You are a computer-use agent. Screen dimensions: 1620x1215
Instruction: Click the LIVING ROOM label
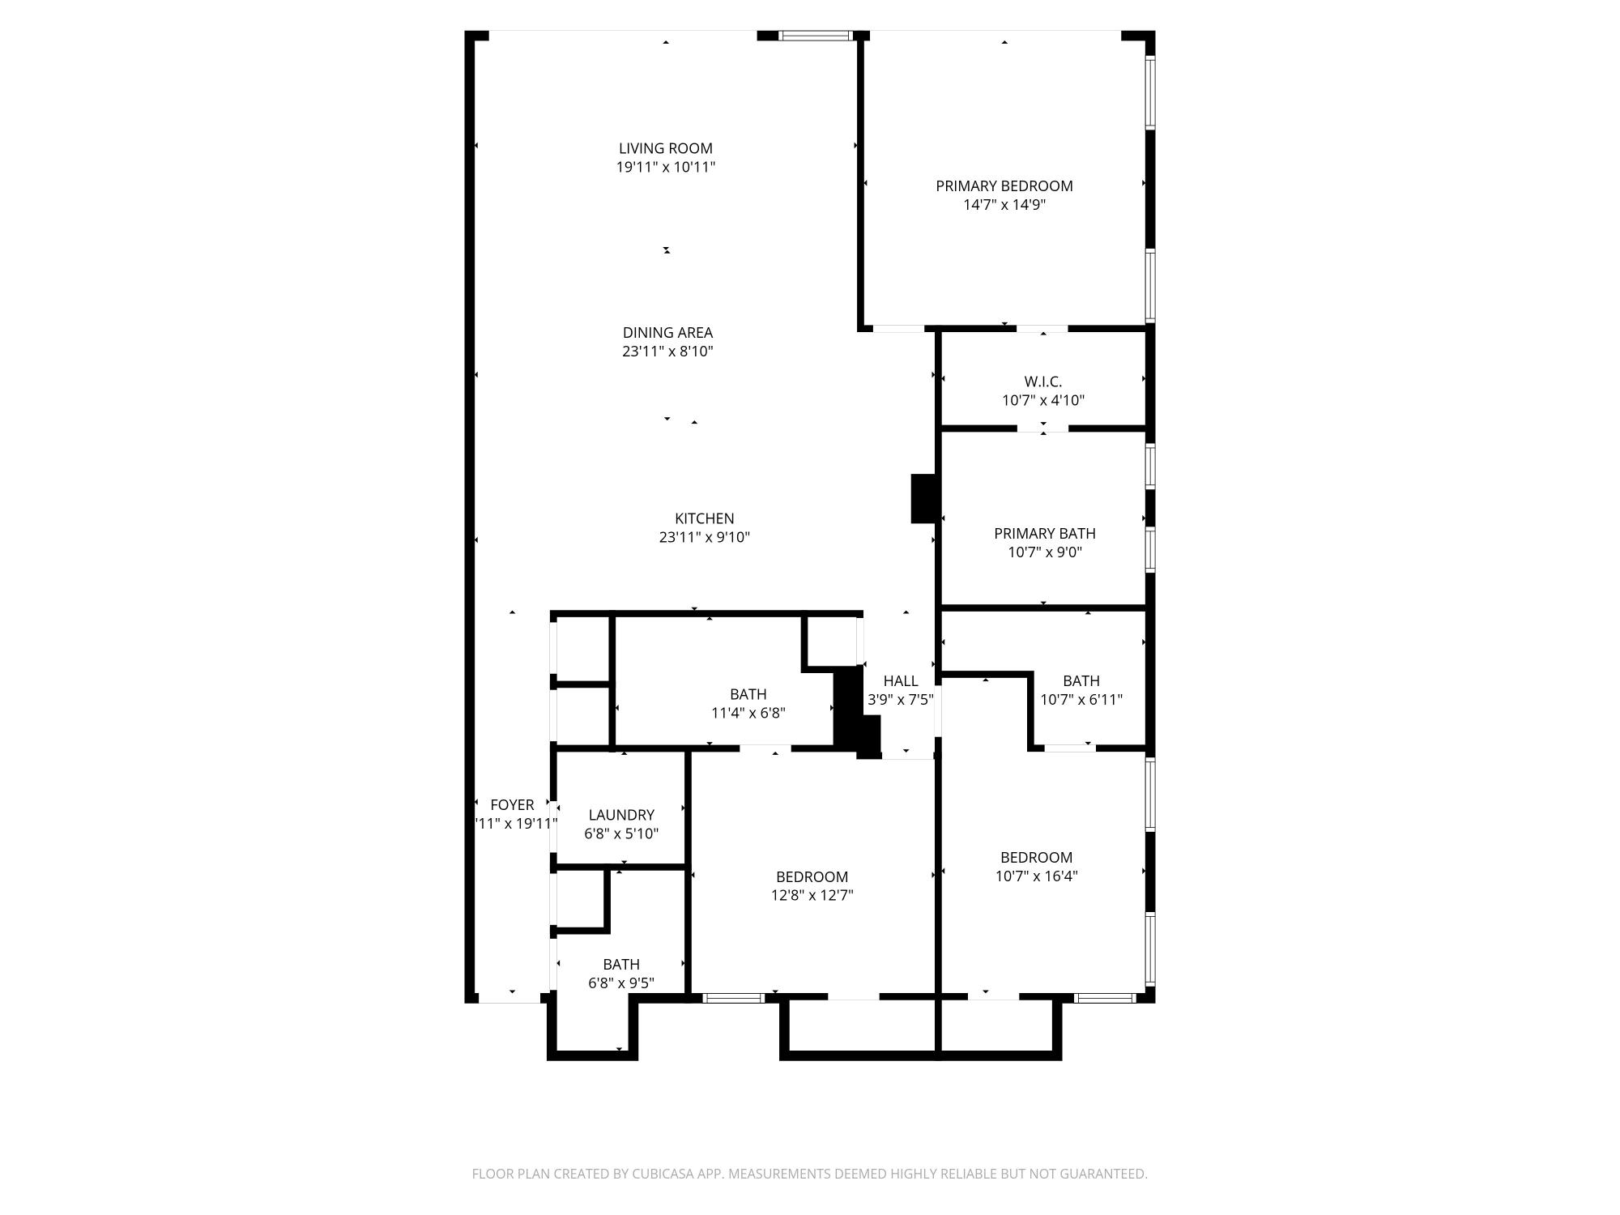[x=666, y=148]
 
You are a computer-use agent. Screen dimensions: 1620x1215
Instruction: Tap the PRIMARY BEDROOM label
[x=1004, y=185]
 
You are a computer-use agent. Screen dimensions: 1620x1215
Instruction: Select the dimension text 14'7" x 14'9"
[x=1004, y=205]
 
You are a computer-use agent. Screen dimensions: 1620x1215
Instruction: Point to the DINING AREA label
[x=667, y=332]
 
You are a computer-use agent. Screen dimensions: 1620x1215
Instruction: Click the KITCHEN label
[x=705, y=518]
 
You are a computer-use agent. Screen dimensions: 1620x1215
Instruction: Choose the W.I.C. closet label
[x=1043, y=381]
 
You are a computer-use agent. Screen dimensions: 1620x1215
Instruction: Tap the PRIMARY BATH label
[x=1045, y=533]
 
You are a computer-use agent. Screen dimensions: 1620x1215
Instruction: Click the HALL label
[x=901, y=680]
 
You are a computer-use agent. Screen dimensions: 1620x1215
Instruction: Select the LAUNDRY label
[x=621, y=815]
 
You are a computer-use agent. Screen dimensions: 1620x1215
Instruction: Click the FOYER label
[x=512, y=804]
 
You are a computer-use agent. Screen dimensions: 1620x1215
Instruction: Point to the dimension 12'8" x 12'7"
[x=812, y=895]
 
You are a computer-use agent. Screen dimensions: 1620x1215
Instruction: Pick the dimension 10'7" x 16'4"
[x=1036, y=876]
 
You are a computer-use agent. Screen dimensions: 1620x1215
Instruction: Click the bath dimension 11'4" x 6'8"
[x=748, y=713]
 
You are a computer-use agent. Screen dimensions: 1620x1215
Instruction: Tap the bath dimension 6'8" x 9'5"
[x=621, y=983]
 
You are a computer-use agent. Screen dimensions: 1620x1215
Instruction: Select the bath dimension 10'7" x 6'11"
[x=1081, y=700]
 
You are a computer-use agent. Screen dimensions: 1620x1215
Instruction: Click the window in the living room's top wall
[x=816, y=36]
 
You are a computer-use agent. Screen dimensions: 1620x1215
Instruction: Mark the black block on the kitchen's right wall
[x=924, y=498]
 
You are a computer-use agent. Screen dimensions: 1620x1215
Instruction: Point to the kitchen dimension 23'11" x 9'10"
[x=705, y=537]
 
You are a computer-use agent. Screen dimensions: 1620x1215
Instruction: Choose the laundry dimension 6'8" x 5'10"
[x=621, y=833]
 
